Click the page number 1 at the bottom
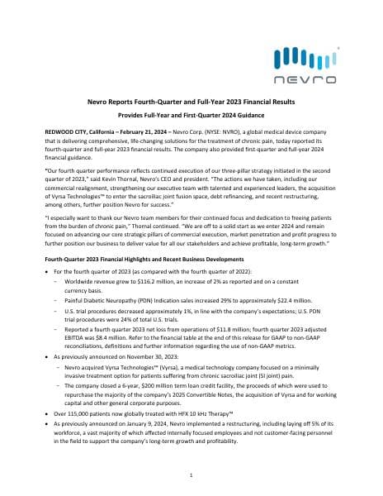coord(191,476)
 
